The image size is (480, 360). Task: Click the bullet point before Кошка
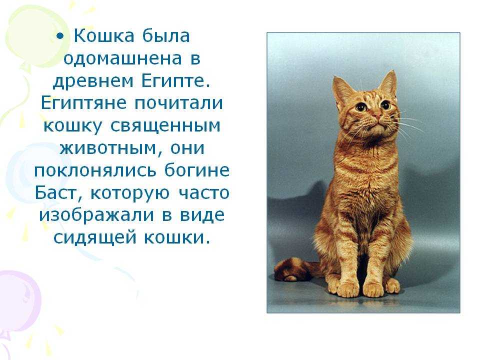pyautogui.click(x=60, y=36)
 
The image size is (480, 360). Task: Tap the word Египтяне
pyautogui.click(x=83, y=103)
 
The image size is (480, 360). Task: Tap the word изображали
pyautogui.click(x=96, y=215)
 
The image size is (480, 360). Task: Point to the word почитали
pyautogui.click(x=178, y=103)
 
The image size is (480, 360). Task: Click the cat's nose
pyautogui.click(x=378, y=117)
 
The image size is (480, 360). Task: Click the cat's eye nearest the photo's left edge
pyautogui.click(x=361, y=107)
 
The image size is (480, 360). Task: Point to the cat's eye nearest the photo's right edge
pyautogui.click(x=385, y=105)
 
